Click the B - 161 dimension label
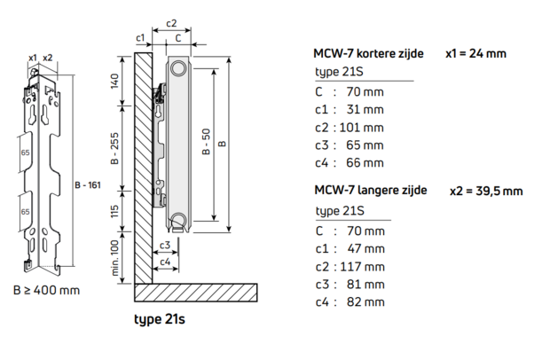pos(88,184)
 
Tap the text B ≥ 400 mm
pos(46,290)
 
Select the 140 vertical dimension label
pos(114,81)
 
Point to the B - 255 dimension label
pos(114,148)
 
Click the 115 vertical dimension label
pos(114,211)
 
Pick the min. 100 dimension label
pos(114,258)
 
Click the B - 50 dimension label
pos(206,142)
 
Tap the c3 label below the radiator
pos(165,245)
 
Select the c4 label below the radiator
pos(165,262)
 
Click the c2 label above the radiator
pos(171,23)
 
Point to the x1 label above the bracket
pos(33,58)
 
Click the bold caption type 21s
pos(160,319)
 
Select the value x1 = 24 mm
pos(476,53)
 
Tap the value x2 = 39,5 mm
pos(486,191)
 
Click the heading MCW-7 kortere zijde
pos(368,53)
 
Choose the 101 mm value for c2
pos(361,128)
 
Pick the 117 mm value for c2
pos(362,267)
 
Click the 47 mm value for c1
pos(366,248)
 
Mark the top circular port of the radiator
pos(178,67)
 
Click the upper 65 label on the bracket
pos(25,153)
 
